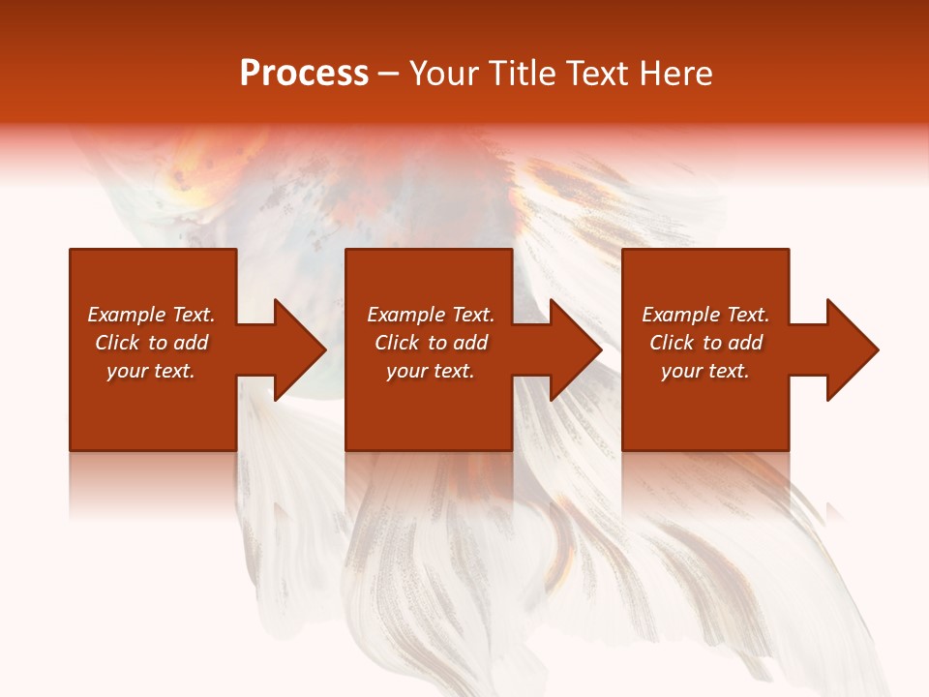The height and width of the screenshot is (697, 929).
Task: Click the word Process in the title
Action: [x=304, y=73]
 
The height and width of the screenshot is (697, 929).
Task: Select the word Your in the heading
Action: [x=445, y=74]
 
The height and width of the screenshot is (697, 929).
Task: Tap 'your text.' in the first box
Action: [x=151, y=371]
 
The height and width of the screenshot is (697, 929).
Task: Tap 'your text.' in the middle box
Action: [x=430, y=371]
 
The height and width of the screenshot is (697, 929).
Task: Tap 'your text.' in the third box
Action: [x=704, y=371]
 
